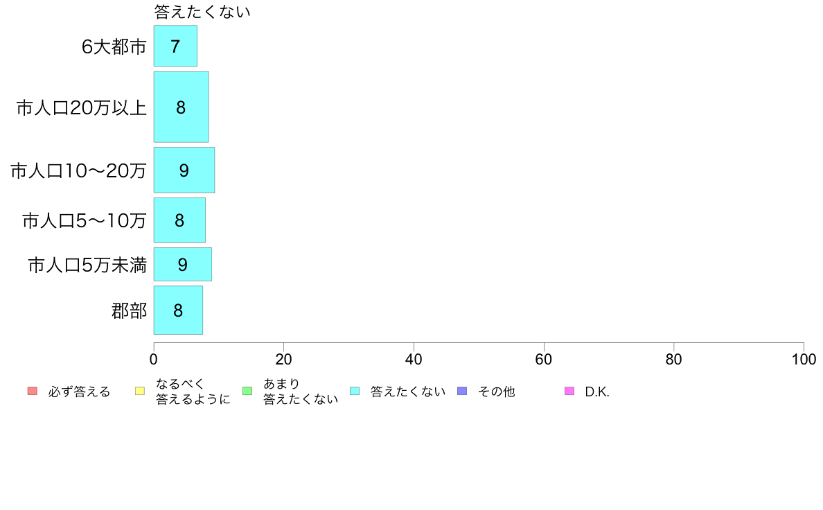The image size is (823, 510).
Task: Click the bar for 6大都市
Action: coord(175,46)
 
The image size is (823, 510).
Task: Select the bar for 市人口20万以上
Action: coord(181,107)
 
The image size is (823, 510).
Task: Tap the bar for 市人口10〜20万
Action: coord(184,170)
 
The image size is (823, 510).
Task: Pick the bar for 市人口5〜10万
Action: coord(179,220)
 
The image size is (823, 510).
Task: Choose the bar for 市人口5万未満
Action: coord(183,264)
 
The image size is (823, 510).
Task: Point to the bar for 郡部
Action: coord(178,310)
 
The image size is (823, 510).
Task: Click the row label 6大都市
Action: coord(114,46)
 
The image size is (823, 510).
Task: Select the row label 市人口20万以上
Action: coord(81,107)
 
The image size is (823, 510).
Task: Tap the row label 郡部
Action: coord(129,311)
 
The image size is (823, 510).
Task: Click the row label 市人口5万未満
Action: coord(87,265)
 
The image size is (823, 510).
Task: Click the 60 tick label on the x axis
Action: coord(544,359)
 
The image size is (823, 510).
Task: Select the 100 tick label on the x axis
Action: coord(804,359)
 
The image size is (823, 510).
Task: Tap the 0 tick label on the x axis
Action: coord(153,359)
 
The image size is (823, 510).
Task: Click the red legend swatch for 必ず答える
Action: coord(33,391)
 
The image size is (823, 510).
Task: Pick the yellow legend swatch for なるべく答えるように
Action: coord(140,391)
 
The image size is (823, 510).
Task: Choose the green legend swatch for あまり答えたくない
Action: coord(247,391)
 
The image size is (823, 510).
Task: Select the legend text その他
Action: coord(496,392)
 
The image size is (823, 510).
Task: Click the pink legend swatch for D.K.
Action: coord(569,391)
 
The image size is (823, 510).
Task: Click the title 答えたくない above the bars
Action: coord(202,12)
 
